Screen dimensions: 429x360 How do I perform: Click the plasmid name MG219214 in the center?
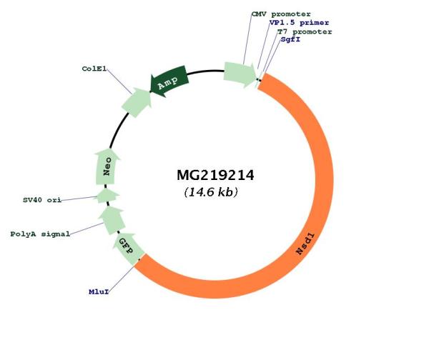pyautogui.click(x=216, y=175)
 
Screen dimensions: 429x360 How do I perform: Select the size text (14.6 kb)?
pyautogui.click(x=211, y=192)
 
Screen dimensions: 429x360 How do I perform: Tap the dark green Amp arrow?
pyautogui.click(x=169, y=81)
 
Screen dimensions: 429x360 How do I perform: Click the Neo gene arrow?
pyautogui.click(x=107, y=166)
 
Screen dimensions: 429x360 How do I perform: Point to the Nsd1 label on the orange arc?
pyautogui.click(x=305, y=244)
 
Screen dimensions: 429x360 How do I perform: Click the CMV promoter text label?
pyautogui.click(x=281, y=14)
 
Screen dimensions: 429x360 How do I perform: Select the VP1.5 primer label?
pyautogui.click(x=299, y=23)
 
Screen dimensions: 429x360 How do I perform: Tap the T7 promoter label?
pyautogui.click(x=305, y=31)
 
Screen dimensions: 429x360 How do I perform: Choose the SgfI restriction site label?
pyautogui.click(x=290, y=39)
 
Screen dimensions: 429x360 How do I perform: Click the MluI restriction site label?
pyautogui.click(x=99, y=292)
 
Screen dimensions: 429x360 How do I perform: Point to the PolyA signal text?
pyautogui.click(x=40, y=234)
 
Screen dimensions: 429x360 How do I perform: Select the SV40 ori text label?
pyautogui.click(x=42, y=200)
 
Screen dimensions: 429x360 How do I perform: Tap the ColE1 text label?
pyautogui.click(x=94, y=69)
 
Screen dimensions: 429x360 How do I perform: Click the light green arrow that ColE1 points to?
pyautogui.click(x=137, y=102)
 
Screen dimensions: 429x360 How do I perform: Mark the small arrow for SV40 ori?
pyautogui.click(x=107, y=196)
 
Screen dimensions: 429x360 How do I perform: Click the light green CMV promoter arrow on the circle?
pyautogui.click(x=240, y=74)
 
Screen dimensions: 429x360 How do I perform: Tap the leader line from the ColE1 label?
pyautogui.click(x=119, y=81)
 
